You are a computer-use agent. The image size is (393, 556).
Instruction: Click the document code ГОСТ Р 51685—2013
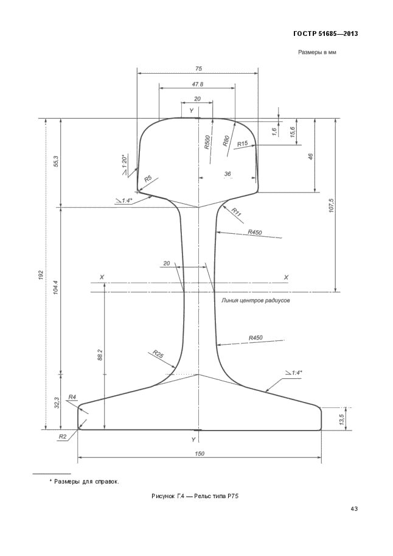(325, 34)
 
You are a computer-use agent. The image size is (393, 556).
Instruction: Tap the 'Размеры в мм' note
(317, 52)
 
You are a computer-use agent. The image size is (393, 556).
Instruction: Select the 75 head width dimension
(198, 68)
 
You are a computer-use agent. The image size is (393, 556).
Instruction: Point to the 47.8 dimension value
(197, 85)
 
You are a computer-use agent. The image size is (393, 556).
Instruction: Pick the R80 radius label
(226, 141)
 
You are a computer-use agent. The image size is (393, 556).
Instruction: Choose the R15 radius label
(242, 144)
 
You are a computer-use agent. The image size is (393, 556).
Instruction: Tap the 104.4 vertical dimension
(56, 288)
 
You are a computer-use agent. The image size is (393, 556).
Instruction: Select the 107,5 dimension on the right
(332, 206)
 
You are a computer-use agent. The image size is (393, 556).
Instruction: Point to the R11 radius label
(237, 212)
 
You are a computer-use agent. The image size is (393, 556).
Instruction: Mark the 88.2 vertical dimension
(100, 355)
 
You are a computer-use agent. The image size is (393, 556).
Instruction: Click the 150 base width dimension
(200, 453)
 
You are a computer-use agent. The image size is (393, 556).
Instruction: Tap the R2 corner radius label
(63, 437)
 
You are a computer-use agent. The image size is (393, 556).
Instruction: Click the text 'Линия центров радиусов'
(256, 301)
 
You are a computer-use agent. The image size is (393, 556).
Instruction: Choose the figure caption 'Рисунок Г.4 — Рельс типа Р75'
(195, 496)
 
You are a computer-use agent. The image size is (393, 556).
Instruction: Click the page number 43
(353, 509)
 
